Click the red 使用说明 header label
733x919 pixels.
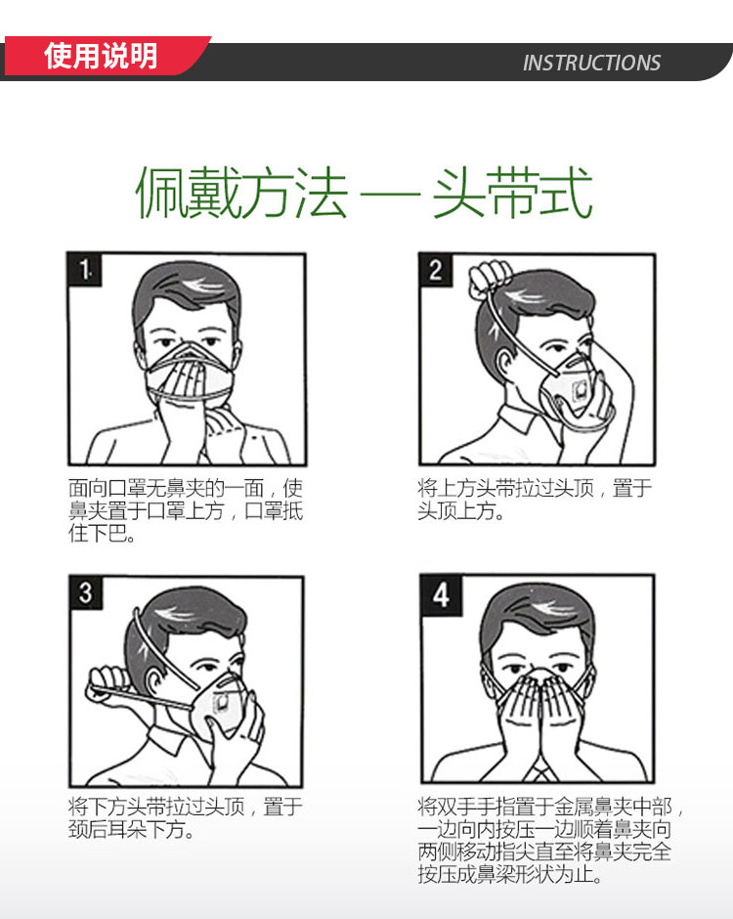pyautogui.click(x=101, y=56)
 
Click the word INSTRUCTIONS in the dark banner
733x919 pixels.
pyautogui.click(x=591, y=63)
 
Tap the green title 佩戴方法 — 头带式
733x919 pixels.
pyautogui.click(x=364, y=192)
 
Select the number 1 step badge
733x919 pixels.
pyautogui.click(x=85, y=270)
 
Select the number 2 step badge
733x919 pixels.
pyautogui.click(x=436, y=270)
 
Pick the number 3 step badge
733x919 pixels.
pyautogui.click(x=86, y=592)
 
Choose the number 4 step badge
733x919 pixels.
pyautogui.click(x=441, y=594)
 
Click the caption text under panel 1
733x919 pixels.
pyautogui.click(x=185, y=510)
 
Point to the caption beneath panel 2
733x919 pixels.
pyautogui.click(x=535, y=500)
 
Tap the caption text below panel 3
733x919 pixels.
pyautogui.click(x=185, y=818)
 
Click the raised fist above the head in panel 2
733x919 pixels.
pyautogui.click(x=491, y=278)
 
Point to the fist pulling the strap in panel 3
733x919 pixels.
pyautogui.click(x=108, y=683)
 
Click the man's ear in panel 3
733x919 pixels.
pyautogui.click(x=154, y=685)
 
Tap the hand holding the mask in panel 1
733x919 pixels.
pyautogui.click(x=188, y=405)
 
